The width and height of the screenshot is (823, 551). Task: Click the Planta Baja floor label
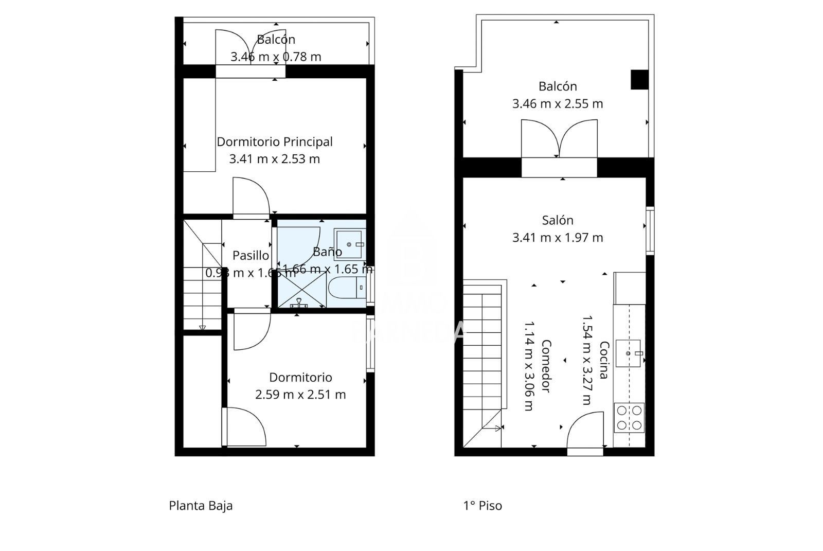[201, 506]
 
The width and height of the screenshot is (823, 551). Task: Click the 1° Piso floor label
[482, 506]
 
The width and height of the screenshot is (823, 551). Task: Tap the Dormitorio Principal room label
[275, 141]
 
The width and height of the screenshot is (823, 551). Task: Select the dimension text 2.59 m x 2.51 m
[300, 395]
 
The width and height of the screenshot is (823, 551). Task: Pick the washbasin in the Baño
[350, 244]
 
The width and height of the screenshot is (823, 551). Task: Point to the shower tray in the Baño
[302, 290]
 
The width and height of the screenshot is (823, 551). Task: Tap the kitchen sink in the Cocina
[628, 353]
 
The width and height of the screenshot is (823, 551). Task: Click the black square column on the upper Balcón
[639, 80]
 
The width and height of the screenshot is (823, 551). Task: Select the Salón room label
[558, 220]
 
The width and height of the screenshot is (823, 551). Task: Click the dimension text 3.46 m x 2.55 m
[558, 104]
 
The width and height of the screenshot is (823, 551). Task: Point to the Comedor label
[546, 366]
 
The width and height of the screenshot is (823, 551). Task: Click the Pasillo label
[251, 255]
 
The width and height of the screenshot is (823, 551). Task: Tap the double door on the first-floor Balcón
[559, 139]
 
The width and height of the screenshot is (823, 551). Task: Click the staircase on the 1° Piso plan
[482, 360]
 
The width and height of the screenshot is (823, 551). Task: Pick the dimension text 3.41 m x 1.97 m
[558, 238]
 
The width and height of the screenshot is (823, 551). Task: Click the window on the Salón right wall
[650, 230]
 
